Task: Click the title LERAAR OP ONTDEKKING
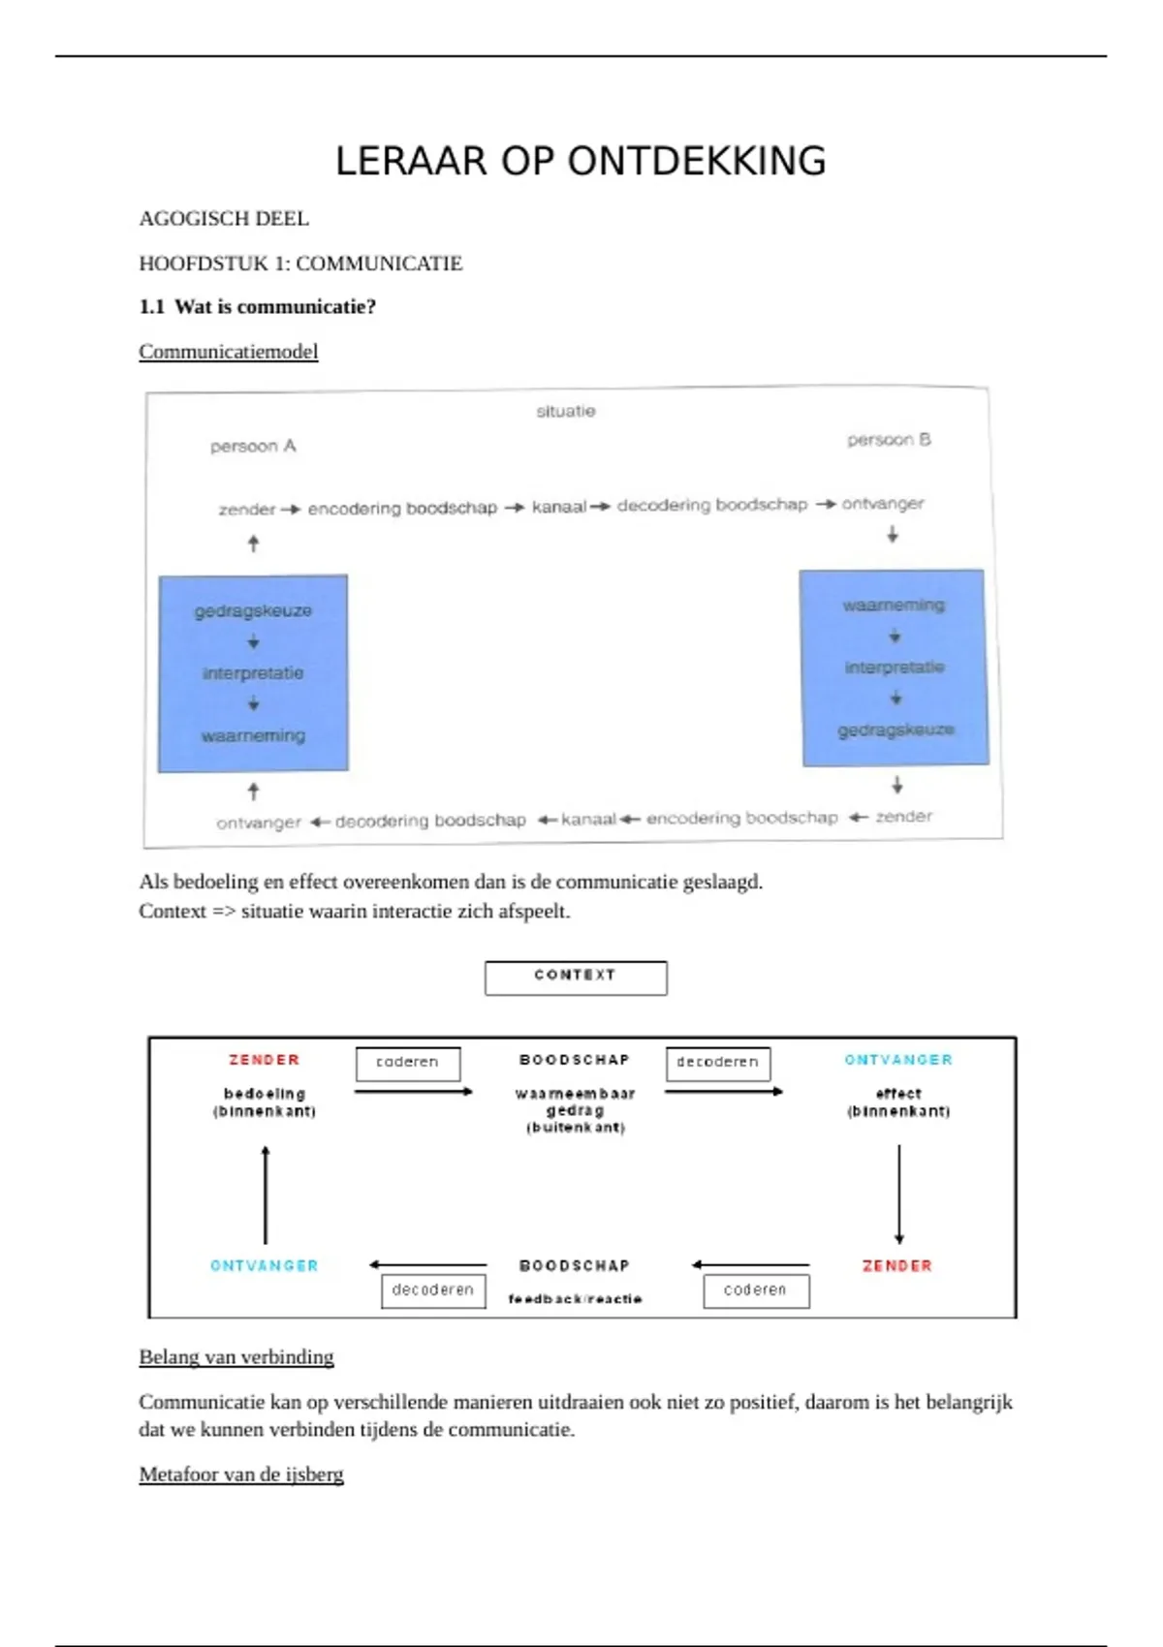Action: (x=581, y=161)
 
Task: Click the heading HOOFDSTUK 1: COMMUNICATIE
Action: (x=300, y=264)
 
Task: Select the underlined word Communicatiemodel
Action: (x=228, y=352)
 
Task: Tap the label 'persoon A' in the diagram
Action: (x=253, y=446)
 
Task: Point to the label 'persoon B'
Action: (x=889, y=440)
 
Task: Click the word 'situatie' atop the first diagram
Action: (x=566, y=411)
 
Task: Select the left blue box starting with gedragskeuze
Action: (x=253, y=673)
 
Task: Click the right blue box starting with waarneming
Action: (x=894, y=668)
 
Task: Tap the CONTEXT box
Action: (x=576, y=977)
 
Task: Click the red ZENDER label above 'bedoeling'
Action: (x=265, y=1060)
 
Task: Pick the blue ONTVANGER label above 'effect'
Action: (x=898, y=1060)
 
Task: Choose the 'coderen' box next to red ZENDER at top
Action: (x=408, y=1063)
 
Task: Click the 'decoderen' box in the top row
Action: (x=718, y=1063)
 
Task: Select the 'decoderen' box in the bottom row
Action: (x=433, y=1290)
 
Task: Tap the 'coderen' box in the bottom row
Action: (x=756, y=1290)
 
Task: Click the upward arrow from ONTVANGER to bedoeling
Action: (x=266, y=1195)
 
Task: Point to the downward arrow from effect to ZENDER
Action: (x=899, y=1195)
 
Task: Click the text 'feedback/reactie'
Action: (x=575, y=1299)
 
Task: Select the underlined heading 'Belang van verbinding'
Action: (x=236, y=1357)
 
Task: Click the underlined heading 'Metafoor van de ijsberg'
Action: (x=241, y=1475)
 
